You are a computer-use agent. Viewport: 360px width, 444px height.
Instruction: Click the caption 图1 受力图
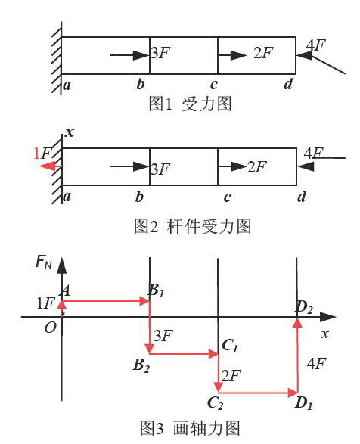tap(190, 104)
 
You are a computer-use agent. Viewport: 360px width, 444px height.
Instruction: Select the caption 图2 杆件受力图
tap(192, 226)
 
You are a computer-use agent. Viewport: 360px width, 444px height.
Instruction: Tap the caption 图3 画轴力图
tap(191, 428)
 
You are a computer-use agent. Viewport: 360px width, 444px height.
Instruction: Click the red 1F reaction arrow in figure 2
tap(51, 166)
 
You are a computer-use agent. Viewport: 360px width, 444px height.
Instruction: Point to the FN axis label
tap(44, 262)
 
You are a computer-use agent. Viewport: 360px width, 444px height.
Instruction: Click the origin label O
tap(51, 328)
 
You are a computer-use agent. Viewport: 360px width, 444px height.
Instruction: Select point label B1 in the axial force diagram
tap(156, 290)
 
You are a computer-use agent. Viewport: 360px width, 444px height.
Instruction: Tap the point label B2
tap(141, 365)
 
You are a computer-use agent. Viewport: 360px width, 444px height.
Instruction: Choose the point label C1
tap(230, 346)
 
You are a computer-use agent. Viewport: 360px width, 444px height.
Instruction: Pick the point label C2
tap(215, 403)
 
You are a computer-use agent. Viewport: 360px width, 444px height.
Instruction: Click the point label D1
tap(303, 403)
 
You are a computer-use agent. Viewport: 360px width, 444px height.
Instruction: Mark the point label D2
tap(304, 307)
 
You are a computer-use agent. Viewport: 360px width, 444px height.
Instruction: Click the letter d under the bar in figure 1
tap(288, 84)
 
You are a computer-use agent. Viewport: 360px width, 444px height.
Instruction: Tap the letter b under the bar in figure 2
tap(139, 196)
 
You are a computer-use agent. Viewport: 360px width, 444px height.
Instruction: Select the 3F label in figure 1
tap(160, 53)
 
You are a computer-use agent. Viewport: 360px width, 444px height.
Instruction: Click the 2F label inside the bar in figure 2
tap(257, 167)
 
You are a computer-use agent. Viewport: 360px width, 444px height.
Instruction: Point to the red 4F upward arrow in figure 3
tap(297, 356)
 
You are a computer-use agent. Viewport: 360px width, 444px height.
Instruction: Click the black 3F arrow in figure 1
tap(129, 55)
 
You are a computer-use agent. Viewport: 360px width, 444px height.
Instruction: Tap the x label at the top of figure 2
tap(70, 132)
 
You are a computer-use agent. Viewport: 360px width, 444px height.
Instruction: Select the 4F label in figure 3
tap(316, 363)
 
